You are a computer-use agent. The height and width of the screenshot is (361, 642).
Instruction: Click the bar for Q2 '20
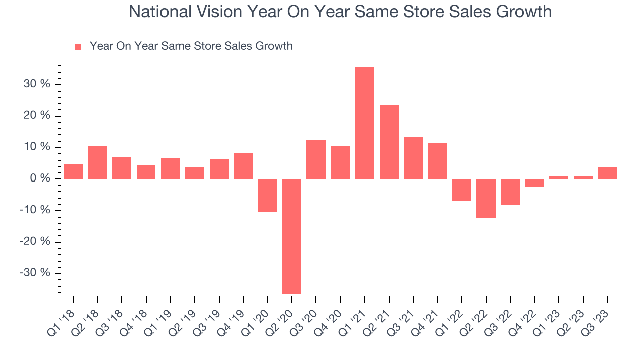coord(291,236)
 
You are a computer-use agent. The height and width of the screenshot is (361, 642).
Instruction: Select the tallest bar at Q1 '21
coord(365,123)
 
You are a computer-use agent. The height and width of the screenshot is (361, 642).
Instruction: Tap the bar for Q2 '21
coord(389,142)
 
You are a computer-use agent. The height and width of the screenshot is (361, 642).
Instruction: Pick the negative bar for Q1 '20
coord(267,195)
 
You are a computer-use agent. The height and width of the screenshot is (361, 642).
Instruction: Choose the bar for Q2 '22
coord(486,199)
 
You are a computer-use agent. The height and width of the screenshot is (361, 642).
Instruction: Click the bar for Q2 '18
coord(98,162)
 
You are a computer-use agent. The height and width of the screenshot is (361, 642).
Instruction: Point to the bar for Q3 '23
coord(607,173)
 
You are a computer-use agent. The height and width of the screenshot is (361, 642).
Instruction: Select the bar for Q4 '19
coord(243,166)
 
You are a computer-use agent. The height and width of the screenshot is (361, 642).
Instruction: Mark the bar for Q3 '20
coord(316,159)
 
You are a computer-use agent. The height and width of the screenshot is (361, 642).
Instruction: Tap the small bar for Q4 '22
coord(535,183)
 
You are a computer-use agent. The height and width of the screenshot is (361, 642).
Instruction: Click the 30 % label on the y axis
coord(37,84)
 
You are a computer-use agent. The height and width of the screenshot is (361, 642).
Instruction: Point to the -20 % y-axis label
coord(35,242)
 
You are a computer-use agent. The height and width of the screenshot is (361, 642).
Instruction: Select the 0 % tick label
coord(40,179)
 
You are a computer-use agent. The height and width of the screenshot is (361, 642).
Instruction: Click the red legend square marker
coord(78,47)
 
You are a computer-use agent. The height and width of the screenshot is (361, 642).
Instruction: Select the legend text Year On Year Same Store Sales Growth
coord(191,46)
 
